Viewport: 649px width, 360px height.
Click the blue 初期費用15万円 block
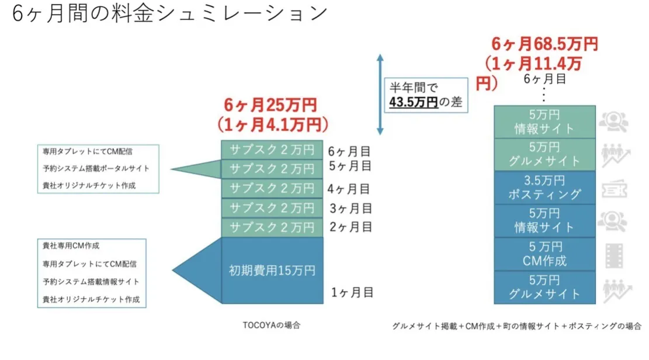(272, 271)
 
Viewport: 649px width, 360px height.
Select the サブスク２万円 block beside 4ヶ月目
(272, 189)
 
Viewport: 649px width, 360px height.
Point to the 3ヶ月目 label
(350, 207)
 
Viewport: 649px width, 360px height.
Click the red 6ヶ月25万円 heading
(270, 105)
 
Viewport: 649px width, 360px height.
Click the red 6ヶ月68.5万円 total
(544, 44)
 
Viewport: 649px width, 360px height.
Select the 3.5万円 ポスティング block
(544, 187)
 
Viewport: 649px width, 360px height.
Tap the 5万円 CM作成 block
(544, 253)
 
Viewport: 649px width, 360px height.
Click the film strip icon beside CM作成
(614, 255)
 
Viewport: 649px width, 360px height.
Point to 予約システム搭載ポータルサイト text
(96, 168)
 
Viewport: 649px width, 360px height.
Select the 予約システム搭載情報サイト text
(91, 282)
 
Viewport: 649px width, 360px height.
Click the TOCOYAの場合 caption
(272, 326)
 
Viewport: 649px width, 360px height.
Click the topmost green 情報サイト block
(544, 122)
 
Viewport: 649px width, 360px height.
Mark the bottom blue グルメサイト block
(544, 287)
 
